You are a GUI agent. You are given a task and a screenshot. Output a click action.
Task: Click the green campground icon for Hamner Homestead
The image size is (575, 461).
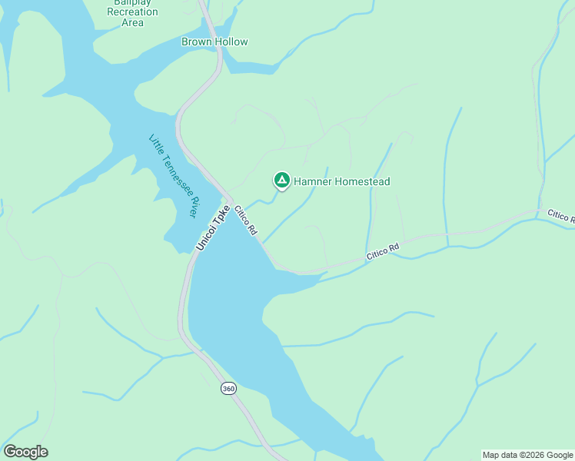tap(282, 181)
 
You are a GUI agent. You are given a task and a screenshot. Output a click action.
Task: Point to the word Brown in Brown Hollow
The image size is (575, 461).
tap(195, 41)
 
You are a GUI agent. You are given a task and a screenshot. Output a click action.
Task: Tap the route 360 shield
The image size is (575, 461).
tap(228, 389)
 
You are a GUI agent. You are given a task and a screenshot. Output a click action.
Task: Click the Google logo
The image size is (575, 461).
tap(25, 451)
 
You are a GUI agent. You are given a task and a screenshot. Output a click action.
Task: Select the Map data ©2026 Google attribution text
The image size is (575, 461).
tap(527, 455)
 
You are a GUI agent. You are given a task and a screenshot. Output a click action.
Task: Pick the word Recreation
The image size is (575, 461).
tap(132, 12)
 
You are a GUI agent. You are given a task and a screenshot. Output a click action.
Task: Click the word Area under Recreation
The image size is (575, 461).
tap(132, 23)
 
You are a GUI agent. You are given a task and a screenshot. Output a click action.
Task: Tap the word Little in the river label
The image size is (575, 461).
tap(157, 144)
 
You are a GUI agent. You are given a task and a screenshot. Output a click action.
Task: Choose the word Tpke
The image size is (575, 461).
tap(221, 214)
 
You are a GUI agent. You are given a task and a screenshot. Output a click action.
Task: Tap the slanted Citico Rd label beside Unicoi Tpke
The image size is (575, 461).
tap(246, 220)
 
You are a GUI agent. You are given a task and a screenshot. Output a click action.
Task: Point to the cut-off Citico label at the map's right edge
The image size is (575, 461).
tap(561, 216)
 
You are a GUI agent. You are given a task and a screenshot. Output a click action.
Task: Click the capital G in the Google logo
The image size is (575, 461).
tap(10, 451)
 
